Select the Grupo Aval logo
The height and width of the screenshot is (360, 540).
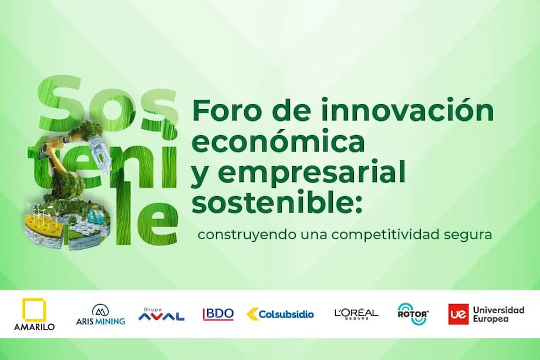(x=161, y=314)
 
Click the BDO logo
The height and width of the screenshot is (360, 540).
(x=218, y=314)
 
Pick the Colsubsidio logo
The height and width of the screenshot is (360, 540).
(x=280, y=314)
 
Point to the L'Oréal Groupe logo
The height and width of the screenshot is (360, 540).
(x=356, y=314)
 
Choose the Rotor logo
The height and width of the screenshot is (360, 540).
(x=413, y=314)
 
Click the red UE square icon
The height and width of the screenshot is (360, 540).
(x=457, y=314)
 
